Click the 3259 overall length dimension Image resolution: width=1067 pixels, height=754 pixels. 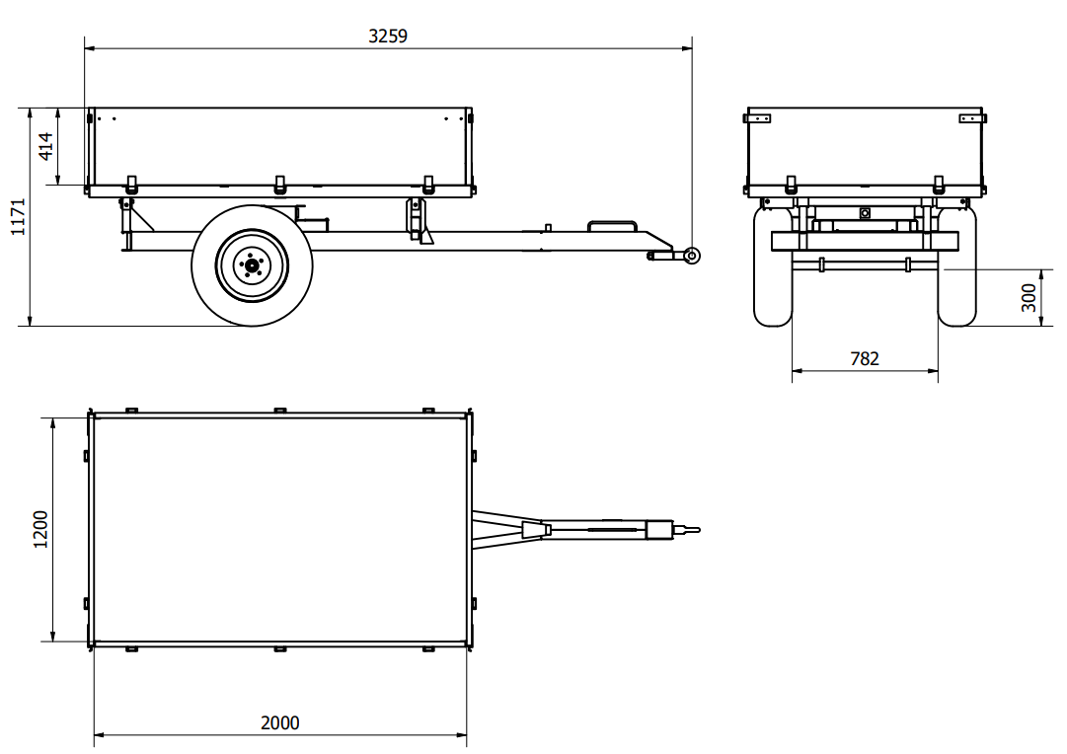tap(388, 37)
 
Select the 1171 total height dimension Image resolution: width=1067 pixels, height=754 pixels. tap(19, 217)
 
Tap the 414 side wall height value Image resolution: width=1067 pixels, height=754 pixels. tap(45, 146)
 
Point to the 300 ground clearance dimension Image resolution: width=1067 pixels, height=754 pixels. tap(1029, 297)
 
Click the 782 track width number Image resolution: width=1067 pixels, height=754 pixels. tap(865, 358)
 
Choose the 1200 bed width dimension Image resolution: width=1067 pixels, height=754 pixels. tap(40, 529)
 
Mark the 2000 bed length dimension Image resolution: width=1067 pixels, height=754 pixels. tap(279, 722)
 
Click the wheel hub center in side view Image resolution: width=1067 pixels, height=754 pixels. tap(252, 265)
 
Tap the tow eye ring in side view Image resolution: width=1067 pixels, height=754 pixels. tap(692, 256)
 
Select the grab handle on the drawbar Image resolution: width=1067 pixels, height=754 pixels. tap(612, 221)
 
